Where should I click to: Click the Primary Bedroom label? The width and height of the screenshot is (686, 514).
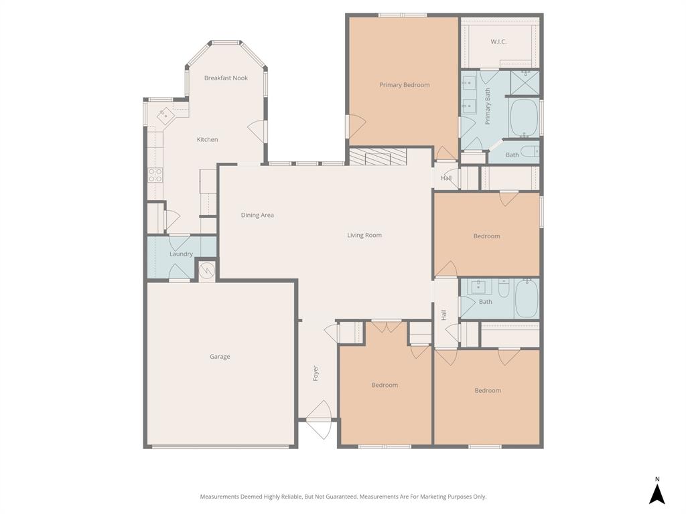404,85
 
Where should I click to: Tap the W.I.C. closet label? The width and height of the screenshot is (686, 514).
498,41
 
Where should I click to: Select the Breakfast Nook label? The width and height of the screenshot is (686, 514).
226,78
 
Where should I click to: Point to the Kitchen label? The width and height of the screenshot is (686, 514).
207,139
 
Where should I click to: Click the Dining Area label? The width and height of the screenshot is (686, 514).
257,215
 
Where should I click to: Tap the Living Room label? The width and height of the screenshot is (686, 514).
364,235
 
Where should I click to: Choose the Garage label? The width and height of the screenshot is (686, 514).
220,357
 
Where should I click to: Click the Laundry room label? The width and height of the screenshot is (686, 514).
181,254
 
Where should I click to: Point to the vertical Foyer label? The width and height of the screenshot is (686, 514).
316,373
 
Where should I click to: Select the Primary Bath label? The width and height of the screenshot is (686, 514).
488,106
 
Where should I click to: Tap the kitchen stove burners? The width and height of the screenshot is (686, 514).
155,175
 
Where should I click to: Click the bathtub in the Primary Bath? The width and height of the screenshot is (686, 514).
525,118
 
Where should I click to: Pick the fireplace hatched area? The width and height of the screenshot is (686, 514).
377,157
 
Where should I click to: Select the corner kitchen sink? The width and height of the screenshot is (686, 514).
165,116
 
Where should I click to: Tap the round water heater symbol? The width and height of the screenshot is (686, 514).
207,270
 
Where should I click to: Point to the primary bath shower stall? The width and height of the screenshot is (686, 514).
525,82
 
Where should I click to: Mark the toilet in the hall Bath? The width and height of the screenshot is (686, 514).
504,288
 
